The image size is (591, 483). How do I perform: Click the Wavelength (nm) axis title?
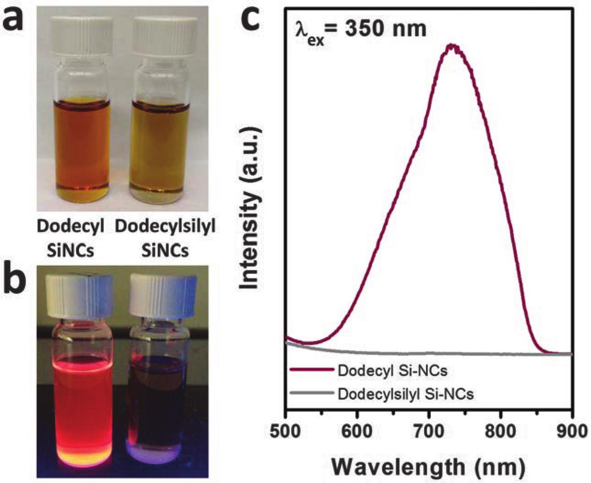(x=428, y=466)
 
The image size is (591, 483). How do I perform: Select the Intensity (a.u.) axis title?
(x=250, y=207)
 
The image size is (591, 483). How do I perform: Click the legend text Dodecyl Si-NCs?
(x=392, y=370)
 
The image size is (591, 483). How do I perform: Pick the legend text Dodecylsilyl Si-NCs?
(x=405, y=393)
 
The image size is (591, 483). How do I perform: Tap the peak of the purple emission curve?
(x=453, y=45)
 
